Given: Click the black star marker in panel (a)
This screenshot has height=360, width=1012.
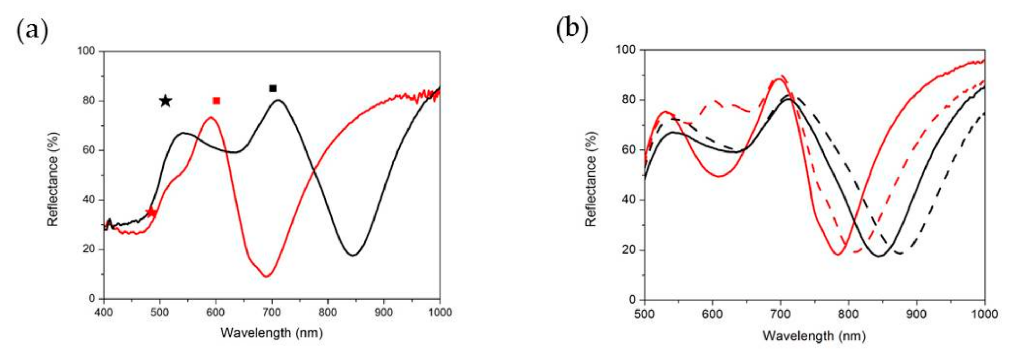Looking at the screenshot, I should coord(165,101).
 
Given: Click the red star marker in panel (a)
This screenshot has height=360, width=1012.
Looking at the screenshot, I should coord(151,213).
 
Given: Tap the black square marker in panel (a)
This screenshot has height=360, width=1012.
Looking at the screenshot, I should coord(273,88).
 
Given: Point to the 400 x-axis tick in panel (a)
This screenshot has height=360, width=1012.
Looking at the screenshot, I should coord(104,313).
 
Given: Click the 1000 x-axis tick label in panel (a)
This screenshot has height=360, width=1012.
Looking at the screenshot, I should coord(439,313).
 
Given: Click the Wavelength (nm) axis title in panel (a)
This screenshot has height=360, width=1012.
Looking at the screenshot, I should coord(272,333).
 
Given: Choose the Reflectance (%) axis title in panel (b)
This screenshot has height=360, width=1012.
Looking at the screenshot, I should coord(590,179).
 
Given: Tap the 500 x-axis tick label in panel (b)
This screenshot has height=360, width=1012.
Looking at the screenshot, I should coord(645,314).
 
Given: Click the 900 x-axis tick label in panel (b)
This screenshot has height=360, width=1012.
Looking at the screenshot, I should coord(917,314).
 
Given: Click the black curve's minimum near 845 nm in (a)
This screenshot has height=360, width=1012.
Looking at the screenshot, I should coord(353,256).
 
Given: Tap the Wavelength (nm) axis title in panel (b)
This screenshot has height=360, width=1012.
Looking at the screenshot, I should coord(814,336).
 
